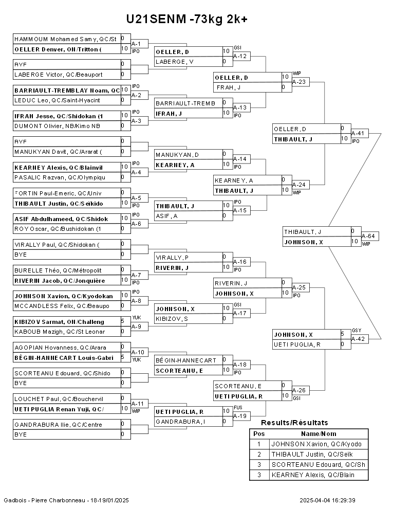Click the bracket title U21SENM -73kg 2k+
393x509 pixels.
click(x=187, y=20)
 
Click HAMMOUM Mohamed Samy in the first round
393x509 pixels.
click(x=66, y=39)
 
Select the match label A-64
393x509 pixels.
click(x=368, y=236)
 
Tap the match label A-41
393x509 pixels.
click(x=358, y=133)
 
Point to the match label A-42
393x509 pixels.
click(x=358, y=339)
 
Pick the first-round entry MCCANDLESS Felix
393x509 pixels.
click(x=62, y=306)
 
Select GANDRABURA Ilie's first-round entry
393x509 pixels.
click(x=59, y=425)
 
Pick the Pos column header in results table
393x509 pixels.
click(x=259, y=434)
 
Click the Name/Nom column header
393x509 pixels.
click(x=319, y=434)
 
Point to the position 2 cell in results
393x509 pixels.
click(x=259, y=455)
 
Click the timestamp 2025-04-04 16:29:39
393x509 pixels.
click(x=328, y=500)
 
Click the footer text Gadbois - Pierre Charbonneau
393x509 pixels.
click(x=66, y=500)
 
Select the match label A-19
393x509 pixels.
click(x=240, y=416)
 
